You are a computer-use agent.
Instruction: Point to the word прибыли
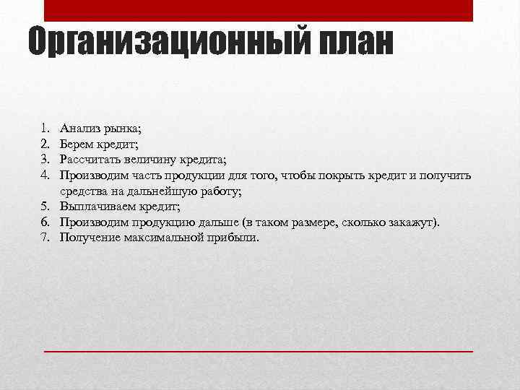(x=234, y=238)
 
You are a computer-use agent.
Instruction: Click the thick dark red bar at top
(x=259, y=10)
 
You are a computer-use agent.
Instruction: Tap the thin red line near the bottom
(x=259, y=350)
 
